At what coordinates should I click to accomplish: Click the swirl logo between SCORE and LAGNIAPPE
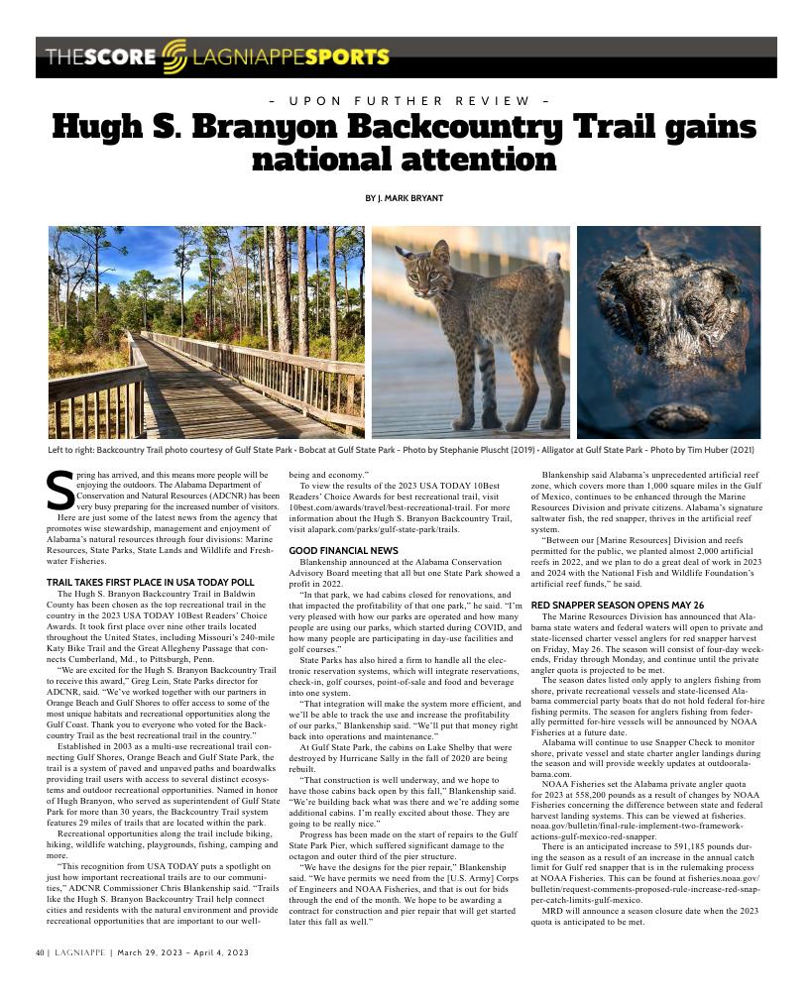(174, 55)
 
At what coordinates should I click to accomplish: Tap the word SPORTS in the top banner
(347, 56)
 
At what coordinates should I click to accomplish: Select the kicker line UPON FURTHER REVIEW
(406, 101)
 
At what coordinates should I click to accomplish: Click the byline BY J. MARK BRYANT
(405, 198)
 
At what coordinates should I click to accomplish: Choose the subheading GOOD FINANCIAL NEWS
(343, 550)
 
